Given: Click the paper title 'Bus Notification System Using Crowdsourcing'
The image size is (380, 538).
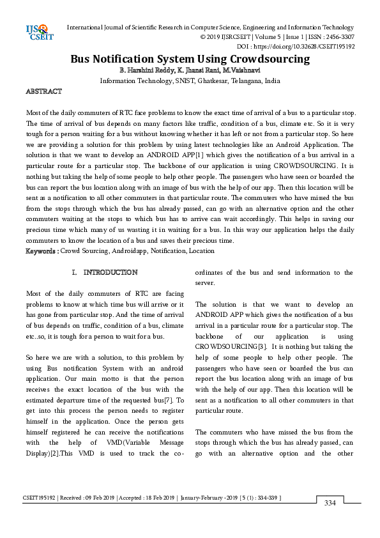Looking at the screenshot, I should coord(190,59).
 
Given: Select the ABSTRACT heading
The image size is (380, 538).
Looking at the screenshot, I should coord(43,92).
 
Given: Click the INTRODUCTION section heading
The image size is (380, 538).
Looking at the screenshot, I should coord(110,272).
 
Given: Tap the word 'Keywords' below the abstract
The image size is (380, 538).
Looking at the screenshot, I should coord(42,251).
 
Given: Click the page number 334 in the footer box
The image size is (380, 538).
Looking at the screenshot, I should coord(330,503).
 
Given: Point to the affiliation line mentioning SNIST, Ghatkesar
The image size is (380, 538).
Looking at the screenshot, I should coord(190,81).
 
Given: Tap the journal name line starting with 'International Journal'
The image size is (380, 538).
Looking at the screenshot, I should coord(210,27).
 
